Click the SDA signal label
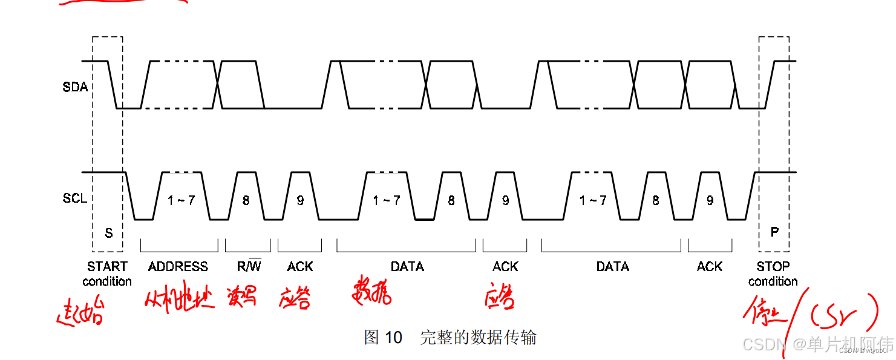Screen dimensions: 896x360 click(x=75, y=87)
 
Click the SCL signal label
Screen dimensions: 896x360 click(x=75, y=198)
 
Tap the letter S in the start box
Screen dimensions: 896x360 click(x=109, y=233)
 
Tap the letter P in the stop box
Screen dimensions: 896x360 click(x=774, y=232)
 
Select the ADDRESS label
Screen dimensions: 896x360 click(x=178, y=266)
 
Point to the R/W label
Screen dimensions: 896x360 click(x=249, y=266)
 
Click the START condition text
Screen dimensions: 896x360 click(x=107, y=273)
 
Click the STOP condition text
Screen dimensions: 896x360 click(x=773, y=273)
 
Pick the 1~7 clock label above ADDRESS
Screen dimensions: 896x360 click(x=181, y=200)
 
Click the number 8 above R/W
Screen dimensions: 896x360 click(x=246, y=200)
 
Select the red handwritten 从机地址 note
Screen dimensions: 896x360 click(x=180, y=298)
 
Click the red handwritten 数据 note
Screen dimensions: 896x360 click(x=371, y=291)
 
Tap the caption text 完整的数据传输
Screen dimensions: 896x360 click(x=478, y=338)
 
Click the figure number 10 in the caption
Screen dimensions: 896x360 click(x=393, y=338)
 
